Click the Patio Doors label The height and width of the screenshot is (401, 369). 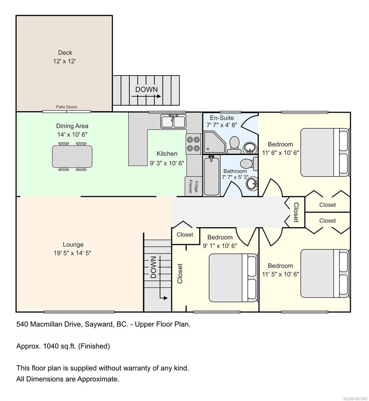pyautogui.click(x=66, y=107)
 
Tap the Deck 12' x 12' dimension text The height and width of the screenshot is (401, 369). pyautogui.click(x=65, y=61)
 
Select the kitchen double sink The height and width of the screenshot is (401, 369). pyautogui.click(x=173, y=121)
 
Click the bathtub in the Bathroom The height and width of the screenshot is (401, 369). pyautogui.click(x=211, y=175)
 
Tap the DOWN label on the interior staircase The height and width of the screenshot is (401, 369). pyautogui.click(x=153, y=267)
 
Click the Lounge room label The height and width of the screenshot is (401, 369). pyautogui.click(x=73, y=245)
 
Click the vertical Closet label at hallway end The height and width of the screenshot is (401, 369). pyautogui.click(x=296, y=213)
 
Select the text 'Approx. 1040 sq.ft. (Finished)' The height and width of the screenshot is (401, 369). pyautogui.click(x=63, y=346)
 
